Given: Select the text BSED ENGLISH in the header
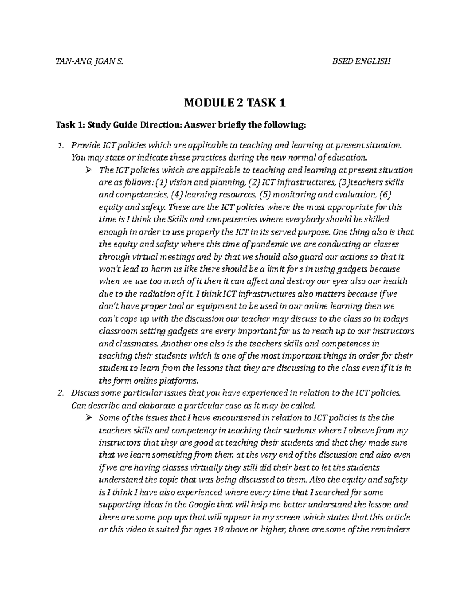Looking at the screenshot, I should [x=361, y=61].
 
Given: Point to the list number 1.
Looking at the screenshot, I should [x=60, y=145].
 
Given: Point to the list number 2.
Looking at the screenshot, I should [x=60, y=393].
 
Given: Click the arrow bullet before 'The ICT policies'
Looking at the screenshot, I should [x=88, y=170].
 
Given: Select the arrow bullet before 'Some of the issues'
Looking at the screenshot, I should [x=88, y=418].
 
